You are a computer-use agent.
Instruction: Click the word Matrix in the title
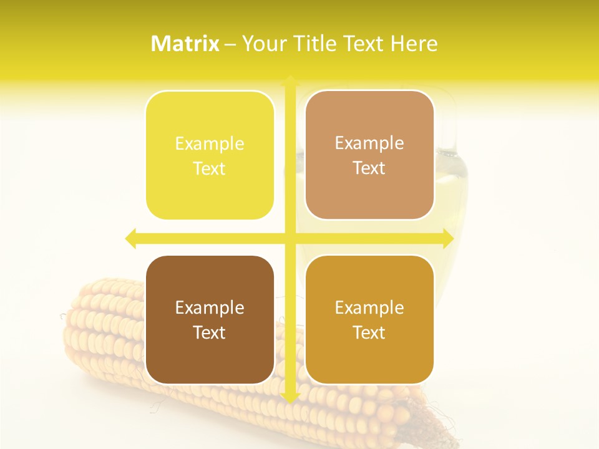(185, 44)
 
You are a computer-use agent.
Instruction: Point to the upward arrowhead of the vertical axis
(290, 80)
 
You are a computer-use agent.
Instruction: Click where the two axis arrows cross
(290, 238)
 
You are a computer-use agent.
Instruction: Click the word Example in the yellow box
(210, 144)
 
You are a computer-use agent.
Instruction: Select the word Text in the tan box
(369, 168)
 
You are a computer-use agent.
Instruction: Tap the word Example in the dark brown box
(210, 308)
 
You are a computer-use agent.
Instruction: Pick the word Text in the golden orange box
(369, 332)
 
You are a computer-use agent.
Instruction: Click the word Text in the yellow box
(210, 169)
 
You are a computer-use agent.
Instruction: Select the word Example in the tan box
(369, 143)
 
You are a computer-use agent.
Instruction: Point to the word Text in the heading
(363, 44)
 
